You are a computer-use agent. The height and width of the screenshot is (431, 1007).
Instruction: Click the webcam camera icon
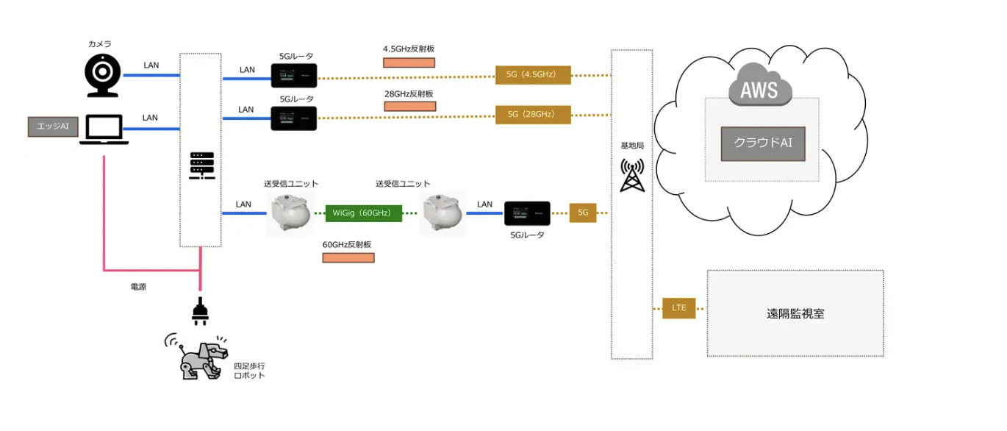[x=102, y=75]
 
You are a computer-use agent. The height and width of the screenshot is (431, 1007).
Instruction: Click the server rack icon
[x=201, y=165]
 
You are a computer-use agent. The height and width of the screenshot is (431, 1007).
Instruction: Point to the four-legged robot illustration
[x=194, y=357]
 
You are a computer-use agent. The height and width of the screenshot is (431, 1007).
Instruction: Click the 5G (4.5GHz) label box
[x=534, y=75]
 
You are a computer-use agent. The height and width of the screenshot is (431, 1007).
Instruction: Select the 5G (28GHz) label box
[x=534, y=114]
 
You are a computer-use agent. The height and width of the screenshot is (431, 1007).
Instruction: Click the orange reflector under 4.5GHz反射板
[x=409, y=63]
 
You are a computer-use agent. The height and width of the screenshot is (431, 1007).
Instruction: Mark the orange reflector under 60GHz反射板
[x=348, y=257]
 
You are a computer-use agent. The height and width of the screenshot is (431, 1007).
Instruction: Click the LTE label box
[x=678, y=307]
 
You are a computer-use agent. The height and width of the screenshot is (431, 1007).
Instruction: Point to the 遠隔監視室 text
[x=795, y=314]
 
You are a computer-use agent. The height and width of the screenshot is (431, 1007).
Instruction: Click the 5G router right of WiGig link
[x=527, y=213]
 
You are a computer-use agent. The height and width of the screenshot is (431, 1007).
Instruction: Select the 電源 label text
[x=137, y=287]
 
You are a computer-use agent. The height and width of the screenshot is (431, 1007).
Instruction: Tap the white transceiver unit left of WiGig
[x=287, y=214]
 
